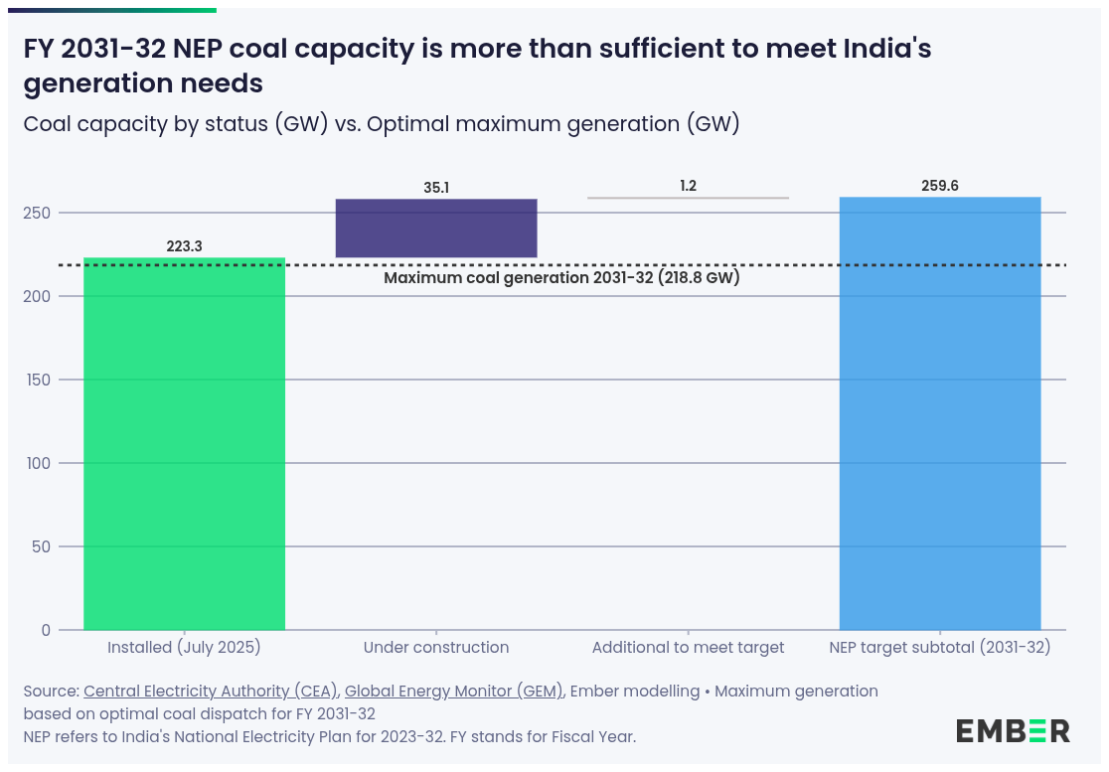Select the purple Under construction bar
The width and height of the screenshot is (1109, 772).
click(436, 229)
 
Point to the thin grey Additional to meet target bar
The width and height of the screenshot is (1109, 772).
click(688, 198)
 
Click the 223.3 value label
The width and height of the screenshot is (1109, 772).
click(184, 246)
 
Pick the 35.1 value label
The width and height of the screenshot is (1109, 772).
click(436, 187)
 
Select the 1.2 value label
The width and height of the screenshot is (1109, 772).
click(688, 186)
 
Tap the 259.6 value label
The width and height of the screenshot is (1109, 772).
click(940, 186)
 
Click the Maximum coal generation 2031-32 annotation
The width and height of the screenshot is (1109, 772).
click(561, 278)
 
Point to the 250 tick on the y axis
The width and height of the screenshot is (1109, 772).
click(40, 213)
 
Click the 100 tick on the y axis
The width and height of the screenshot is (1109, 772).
click(40, 463)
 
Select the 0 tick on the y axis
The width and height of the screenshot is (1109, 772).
click(46, 630)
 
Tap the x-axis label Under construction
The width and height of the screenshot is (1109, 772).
click(436, 648)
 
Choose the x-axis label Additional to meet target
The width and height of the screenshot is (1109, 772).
click(688, 648)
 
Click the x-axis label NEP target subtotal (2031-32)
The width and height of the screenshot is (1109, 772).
click(940, 648)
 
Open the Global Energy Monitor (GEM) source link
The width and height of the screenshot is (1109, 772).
click(453, 692)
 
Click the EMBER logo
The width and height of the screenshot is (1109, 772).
click(1013, 731)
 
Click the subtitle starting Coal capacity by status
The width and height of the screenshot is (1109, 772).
click(382, 125)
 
